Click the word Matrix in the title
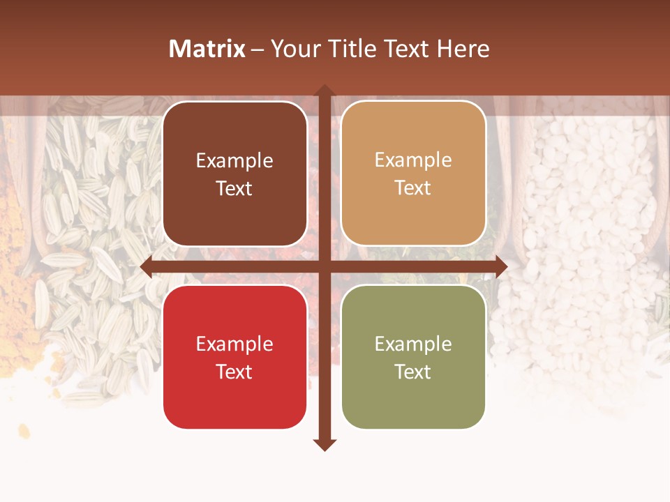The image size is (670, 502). point(207,49)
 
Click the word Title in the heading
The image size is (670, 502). point(354,49)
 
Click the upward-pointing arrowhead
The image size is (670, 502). point(325,91)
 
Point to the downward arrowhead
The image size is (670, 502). point(325,445)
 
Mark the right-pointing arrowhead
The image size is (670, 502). point(502,267)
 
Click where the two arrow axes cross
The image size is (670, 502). point(325,267)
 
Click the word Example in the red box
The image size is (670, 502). point(234,344)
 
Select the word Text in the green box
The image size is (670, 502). point(413,372)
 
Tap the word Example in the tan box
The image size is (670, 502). point(413,160)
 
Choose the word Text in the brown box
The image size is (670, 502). point(234,188)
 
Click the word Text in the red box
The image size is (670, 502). point(234,372)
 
